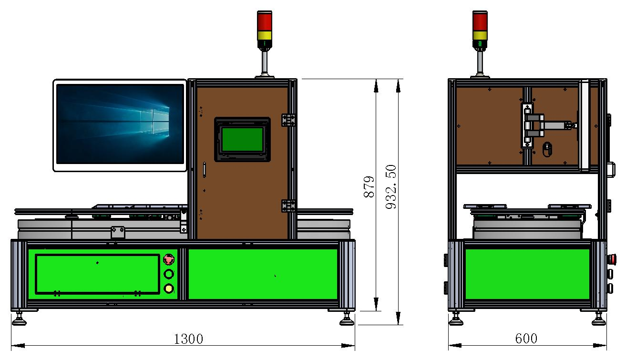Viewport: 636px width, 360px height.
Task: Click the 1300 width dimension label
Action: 188,339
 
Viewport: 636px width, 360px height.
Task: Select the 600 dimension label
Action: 526,339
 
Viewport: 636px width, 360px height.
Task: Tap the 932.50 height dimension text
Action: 391,187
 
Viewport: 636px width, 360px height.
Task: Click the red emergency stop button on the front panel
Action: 169,259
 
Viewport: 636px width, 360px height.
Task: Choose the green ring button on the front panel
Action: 169,274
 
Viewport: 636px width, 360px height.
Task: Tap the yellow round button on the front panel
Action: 169,288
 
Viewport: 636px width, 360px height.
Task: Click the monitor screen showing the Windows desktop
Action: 120,124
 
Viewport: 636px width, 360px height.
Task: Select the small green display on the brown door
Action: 243,139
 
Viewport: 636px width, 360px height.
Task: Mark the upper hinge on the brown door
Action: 288,120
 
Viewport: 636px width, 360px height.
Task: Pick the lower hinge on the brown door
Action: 288,206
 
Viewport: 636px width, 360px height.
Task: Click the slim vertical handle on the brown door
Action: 205,170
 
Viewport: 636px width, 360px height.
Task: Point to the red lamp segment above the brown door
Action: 265,21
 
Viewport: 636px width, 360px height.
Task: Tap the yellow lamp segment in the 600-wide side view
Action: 480,35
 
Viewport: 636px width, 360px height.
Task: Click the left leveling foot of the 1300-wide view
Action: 20,318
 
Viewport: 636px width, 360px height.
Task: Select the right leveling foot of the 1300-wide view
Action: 347,318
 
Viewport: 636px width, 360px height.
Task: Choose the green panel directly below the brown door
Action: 263,274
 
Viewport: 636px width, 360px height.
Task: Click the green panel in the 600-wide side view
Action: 527,274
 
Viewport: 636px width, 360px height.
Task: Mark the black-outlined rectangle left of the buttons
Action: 97,274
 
